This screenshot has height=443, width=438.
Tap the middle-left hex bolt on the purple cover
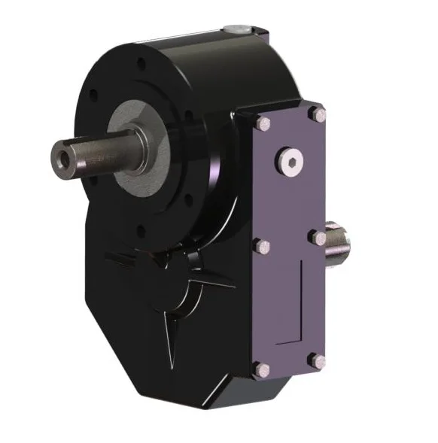(261, 247)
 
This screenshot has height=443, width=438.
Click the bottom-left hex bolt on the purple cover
(260, 369)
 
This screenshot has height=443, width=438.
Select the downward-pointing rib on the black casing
(170, 331)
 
